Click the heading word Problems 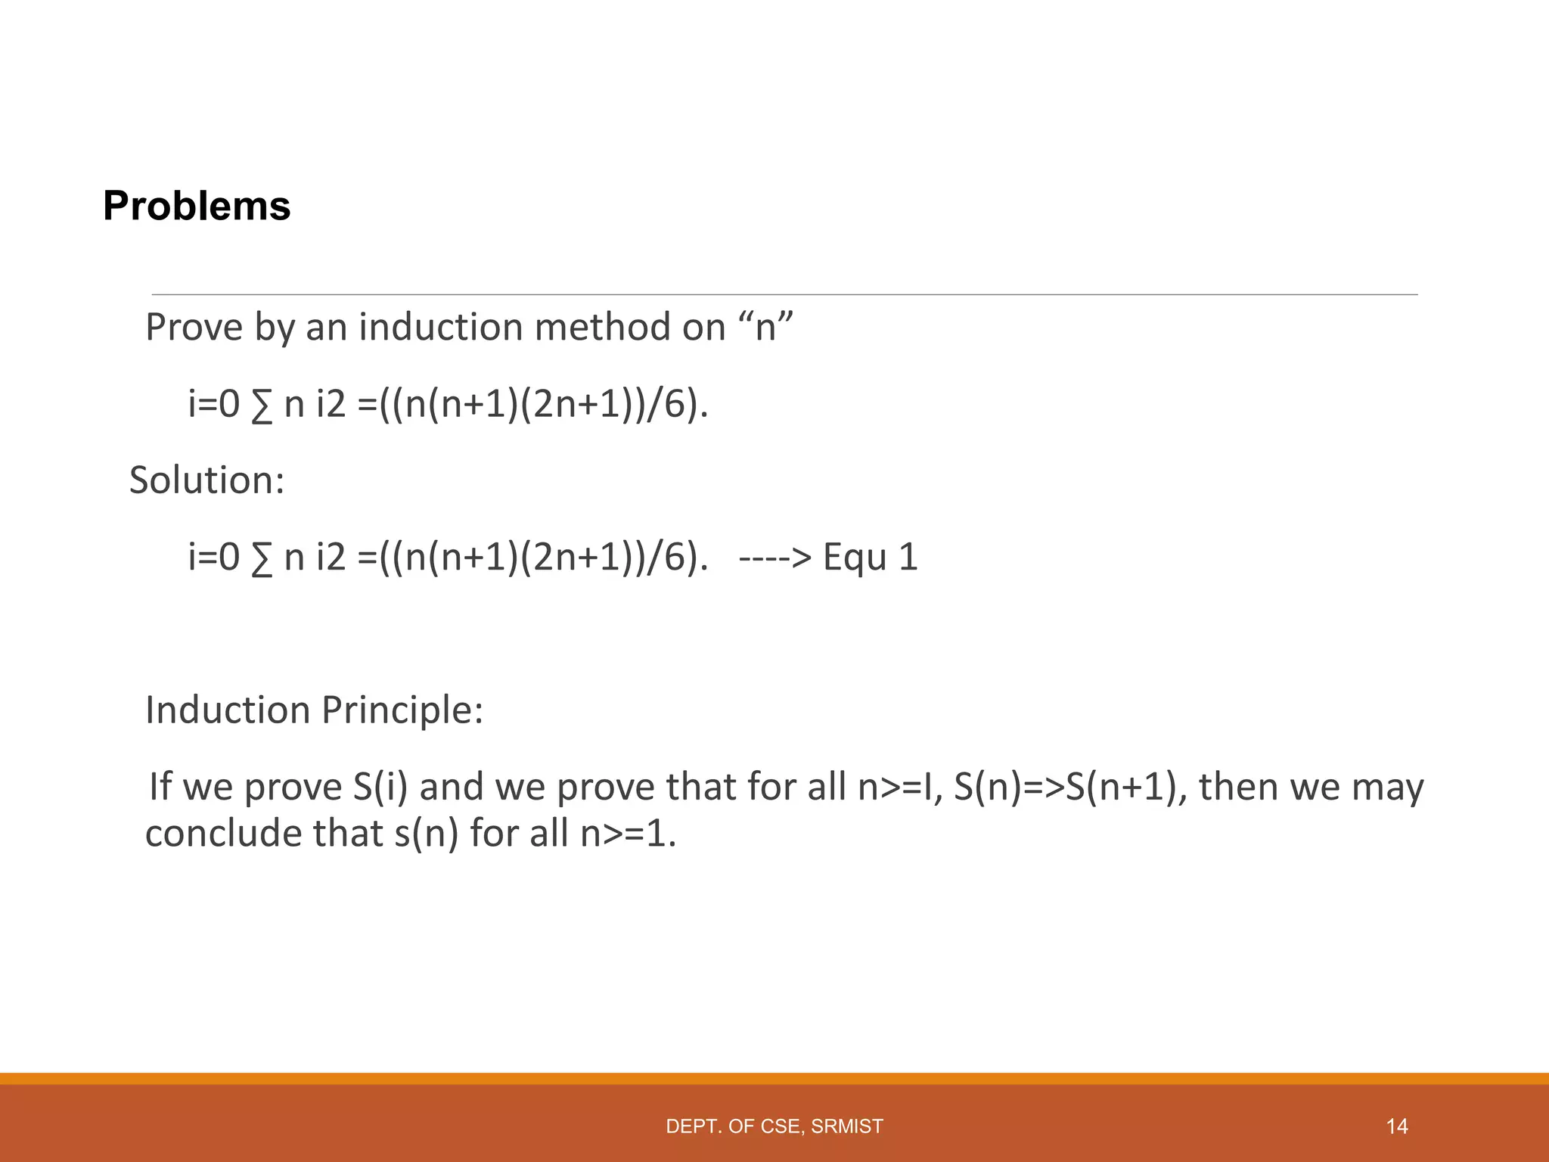point(197,206)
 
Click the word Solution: point(206,480)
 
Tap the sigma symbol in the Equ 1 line point(261,559)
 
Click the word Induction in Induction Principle point(228,710)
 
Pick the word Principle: point(402,710)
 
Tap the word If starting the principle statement point(160,787)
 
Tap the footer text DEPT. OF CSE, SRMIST point(774,1126)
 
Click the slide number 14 point(1397,1126)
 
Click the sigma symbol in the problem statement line point(261,406)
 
